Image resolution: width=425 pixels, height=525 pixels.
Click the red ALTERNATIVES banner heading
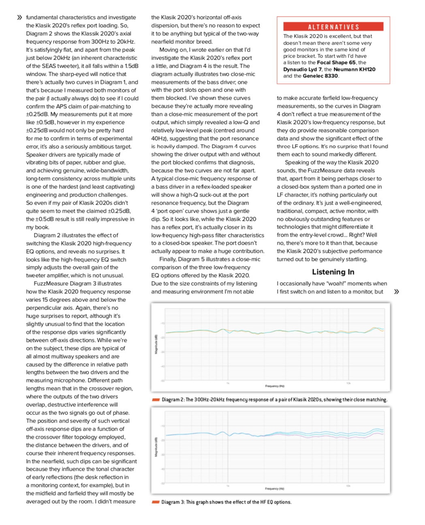pos(333,27)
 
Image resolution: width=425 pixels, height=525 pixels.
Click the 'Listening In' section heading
pos(333,272)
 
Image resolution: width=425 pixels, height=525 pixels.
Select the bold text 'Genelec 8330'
pos(320,76)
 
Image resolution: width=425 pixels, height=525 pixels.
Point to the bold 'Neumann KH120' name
pos(355,69)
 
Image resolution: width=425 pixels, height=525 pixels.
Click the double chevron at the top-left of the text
pos(19,17)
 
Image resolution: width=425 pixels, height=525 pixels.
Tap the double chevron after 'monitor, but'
pos(396,291)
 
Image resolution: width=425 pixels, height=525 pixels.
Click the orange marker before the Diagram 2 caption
pos(156,399)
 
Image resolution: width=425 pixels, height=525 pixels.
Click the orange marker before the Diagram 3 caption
pos(156,502)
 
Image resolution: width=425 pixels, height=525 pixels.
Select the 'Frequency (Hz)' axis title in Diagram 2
pos(275,386)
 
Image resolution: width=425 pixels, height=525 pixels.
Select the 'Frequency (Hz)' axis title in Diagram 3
pos(275,489)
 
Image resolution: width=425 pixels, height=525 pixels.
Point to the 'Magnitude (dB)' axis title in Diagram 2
pos(156,344)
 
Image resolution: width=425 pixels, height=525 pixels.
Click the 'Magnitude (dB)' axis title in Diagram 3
pos(156,447)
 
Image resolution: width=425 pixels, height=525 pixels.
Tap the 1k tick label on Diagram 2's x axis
pos(228,383)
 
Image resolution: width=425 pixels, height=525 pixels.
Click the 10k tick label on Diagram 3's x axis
pos(348,485)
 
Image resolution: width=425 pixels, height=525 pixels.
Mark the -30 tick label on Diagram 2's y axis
pos(162,352)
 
